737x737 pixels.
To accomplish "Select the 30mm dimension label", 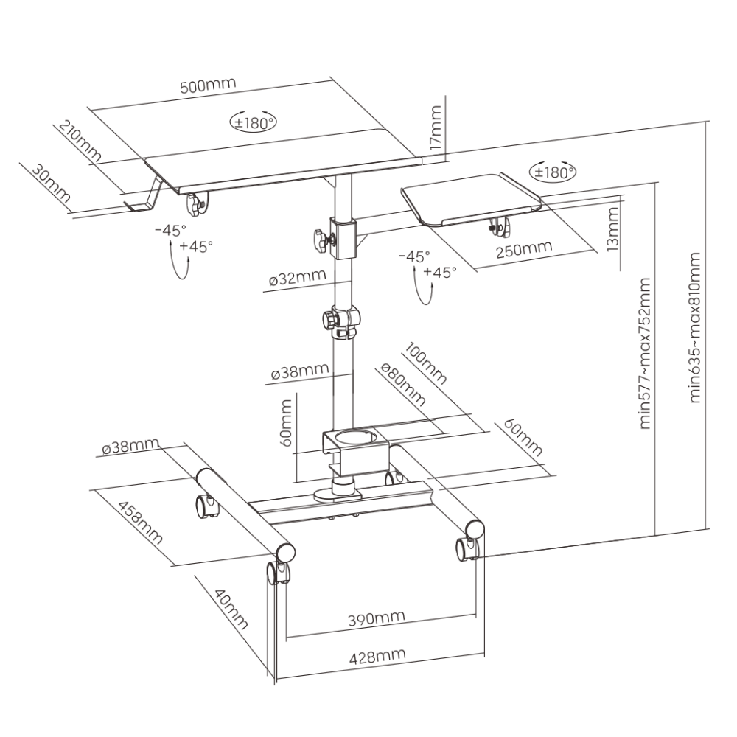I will pyautogui.click(x=51, y=183).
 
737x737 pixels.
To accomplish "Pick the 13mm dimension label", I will pyautogui.click(x=613, y=230).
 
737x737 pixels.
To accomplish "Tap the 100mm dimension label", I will pyautogui.click(x=425, y=363).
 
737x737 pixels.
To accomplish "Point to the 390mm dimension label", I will pyautogui.click(x=377, y=618).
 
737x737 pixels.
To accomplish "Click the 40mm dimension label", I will pyautogui.click(x=230, y=609).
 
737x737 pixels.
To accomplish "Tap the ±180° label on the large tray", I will pyautogui.click(x=253, y=122).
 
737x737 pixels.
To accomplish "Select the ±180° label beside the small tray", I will pyautogui.click(x=553, y=172).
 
